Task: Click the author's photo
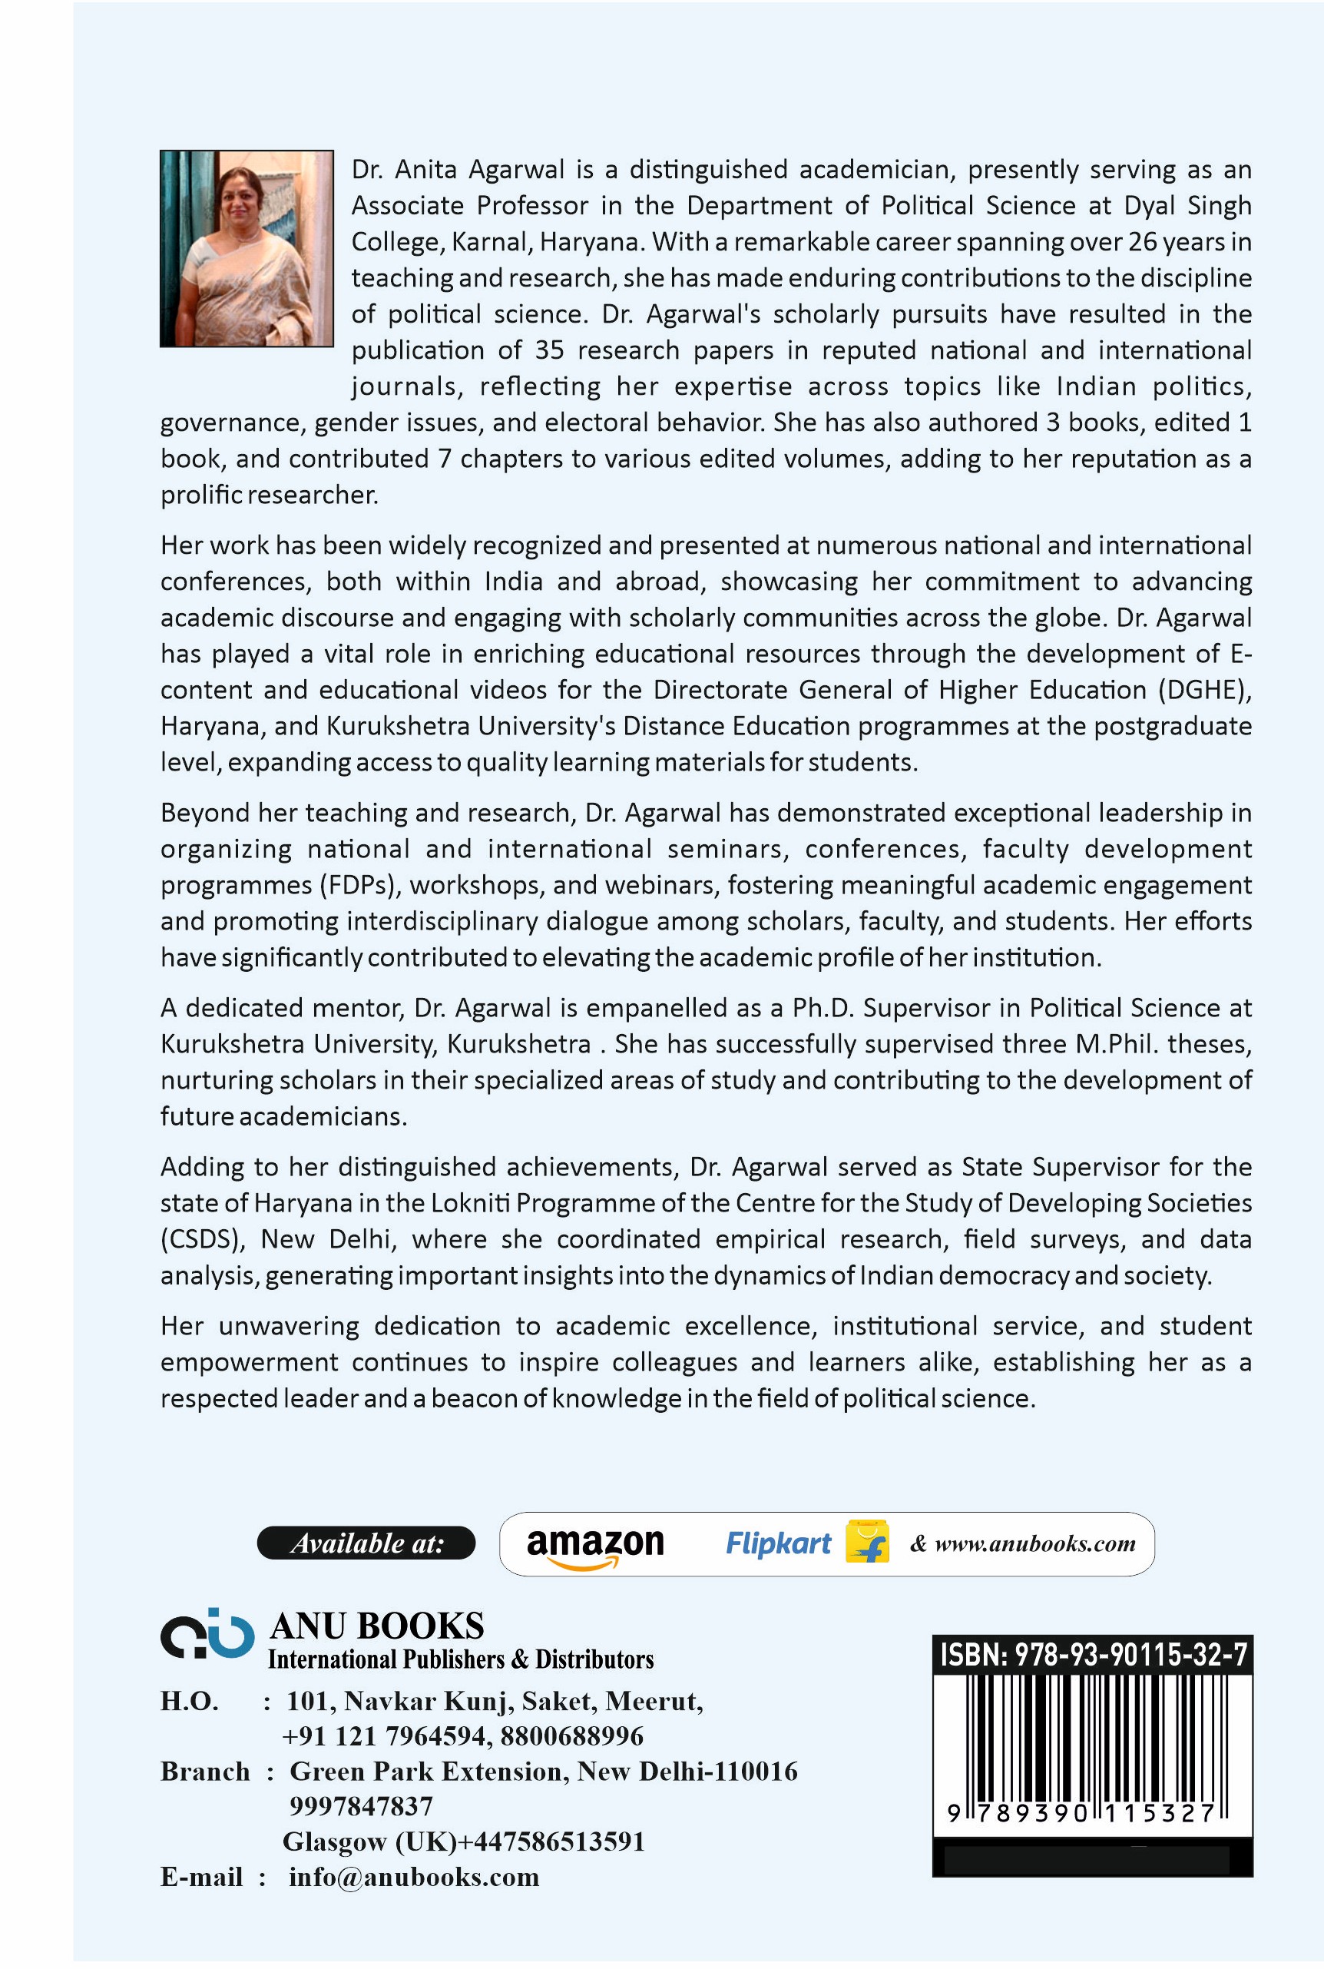tap(247, 248)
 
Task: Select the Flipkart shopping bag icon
tap(867, 1543)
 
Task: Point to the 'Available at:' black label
tap(366, 1543)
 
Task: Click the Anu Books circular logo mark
tap(207, 1635)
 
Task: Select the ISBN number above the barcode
tap(1093, 1655)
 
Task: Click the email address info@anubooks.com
tap(413, 1877)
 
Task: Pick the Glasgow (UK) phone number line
tap(464, 1841)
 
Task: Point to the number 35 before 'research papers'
tap(547, 350)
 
